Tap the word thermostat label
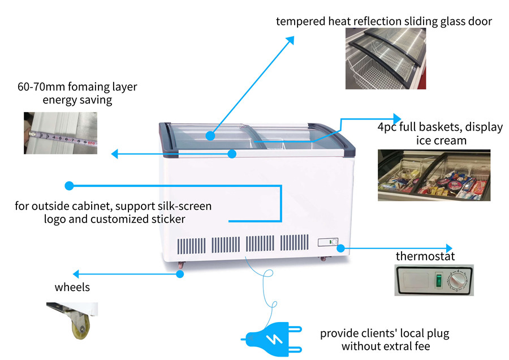click(425, 256)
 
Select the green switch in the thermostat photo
click(436, 279)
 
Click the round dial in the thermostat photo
click(455, 280)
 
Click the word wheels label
click(72, 287)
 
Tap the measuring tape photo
click(60, 133)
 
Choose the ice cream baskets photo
click(434, 175)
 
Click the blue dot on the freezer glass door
click(210, 136)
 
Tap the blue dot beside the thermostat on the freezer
click(341, 248)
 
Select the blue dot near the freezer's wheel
click(180, 274)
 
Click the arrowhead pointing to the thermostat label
click(448, 248)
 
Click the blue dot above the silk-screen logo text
click(69, 185)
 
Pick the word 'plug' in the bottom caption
click(438, 333)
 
